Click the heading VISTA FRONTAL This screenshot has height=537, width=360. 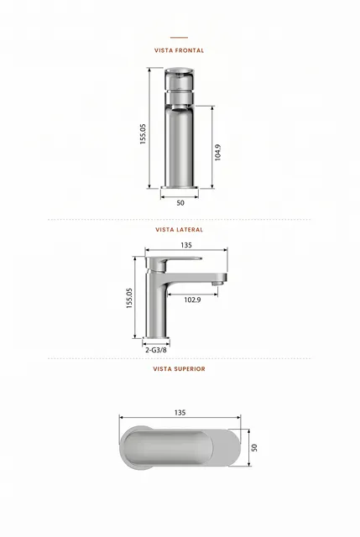click(179, 50)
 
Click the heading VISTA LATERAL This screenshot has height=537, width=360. click(179, 229)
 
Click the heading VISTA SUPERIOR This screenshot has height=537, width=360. click(179, 369)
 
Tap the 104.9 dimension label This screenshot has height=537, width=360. click(218, 153)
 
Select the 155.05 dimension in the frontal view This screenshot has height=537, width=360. click(143, 134)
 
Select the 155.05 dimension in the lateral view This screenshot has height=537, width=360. click(129, 299)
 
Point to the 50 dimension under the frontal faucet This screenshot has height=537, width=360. click(180, 203)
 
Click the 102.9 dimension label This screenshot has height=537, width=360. click(192, 300)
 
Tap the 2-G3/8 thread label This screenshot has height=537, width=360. click(156, 350)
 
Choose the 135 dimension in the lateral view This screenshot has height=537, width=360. click(186, 245)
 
